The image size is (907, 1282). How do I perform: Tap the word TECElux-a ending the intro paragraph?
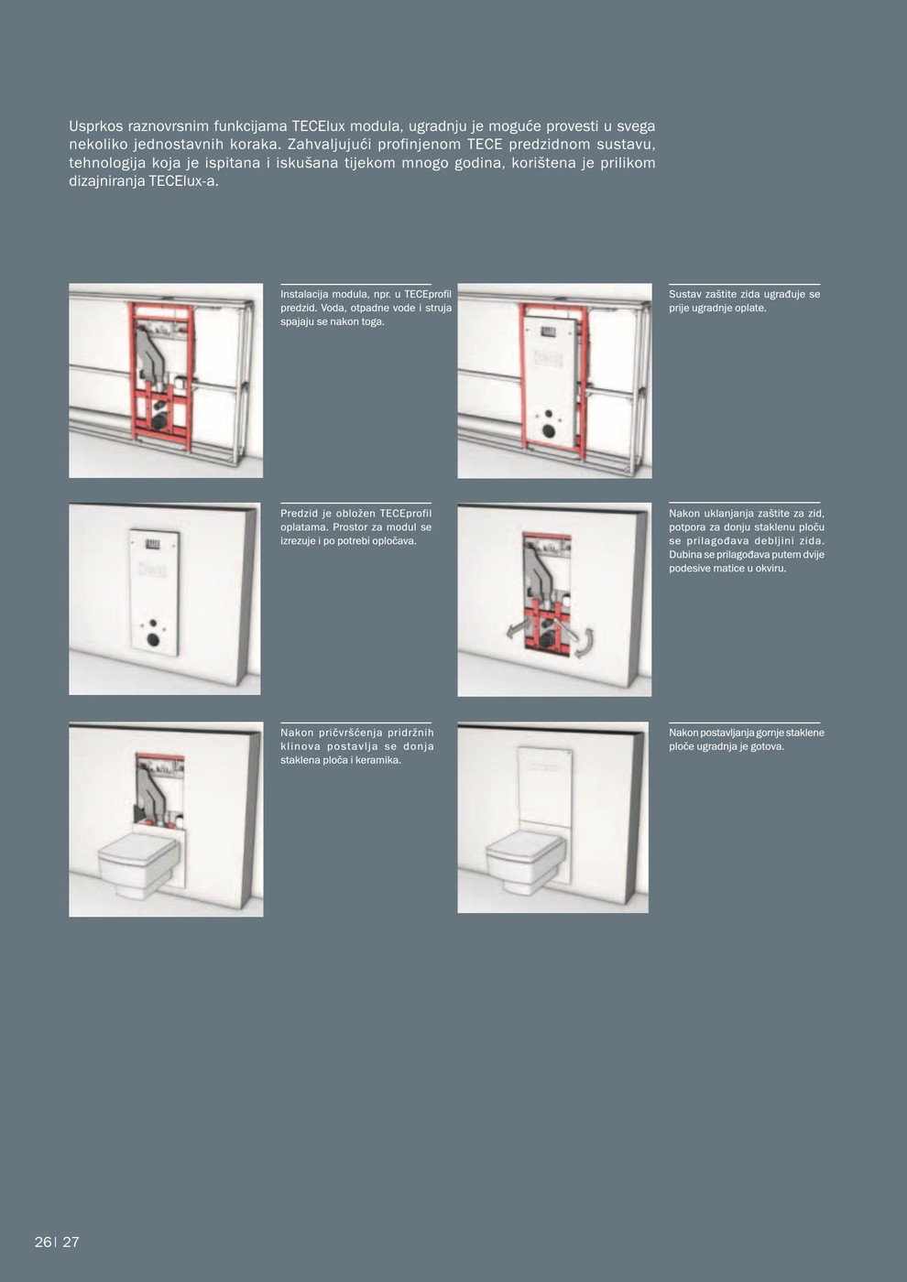click(183, 181)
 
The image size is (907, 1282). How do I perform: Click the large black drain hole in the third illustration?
click(154, 640)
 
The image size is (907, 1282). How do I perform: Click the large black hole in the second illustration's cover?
click(548, 429)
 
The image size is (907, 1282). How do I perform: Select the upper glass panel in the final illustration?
click(544, 785)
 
